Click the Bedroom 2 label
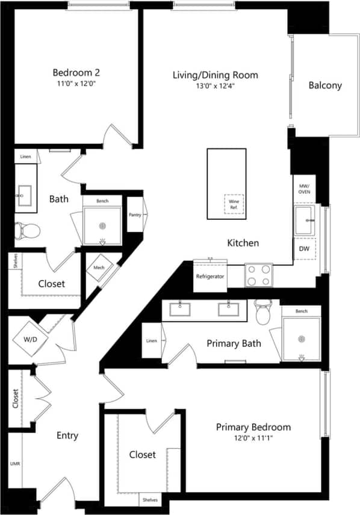coord(75,74)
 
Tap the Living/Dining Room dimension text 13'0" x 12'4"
coord(216,86)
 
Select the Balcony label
coord(325,86)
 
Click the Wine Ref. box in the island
coord(234,204)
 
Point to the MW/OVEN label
coord(304,189)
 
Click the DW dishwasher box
coord(304,248)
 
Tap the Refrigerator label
coord(210,276)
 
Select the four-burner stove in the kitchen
coord(258,275)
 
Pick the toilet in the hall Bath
coord(28,229)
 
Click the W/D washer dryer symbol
coord(28,339)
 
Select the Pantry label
coord(135,214)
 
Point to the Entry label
coord(67,435)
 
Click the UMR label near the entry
coord(15,465)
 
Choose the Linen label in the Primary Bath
coord(152,341)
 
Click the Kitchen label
coord(243,243)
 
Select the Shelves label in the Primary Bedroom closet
coord(151,499)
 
